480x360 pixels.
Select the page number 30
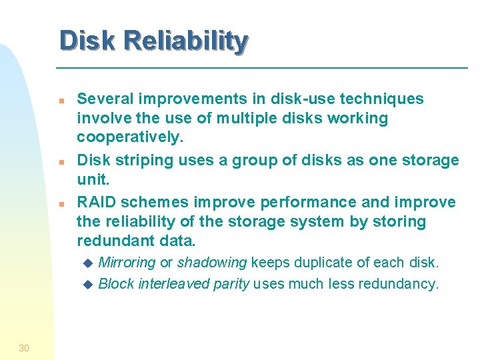(24, 347)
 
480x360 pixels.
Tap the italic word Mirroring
(127, 263)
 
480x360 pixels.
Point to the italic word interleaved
(175, 284)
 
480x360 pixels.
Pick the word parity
(232, 284)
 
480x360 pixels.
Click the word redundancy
(399, 284)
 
